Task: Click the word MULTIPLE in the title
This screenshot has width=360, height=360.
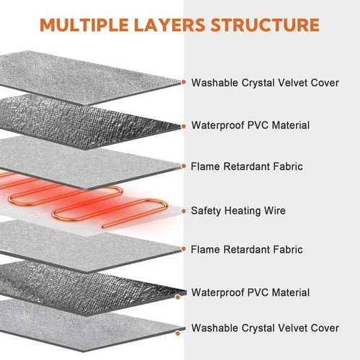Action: pyautogui.click(x=84, y=25)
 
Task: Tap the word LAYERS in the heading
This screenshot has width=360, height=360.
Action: pyautogui.click(x=169, y=25)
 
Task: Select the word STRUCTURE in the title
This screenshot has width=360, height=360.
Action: pyautogui.click(x=265, y=25)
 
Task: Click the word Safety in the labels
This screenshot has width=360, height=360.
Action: pyautogui.click(x=206, y=211)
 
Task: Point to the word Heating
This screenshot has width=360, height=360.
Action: pyautogui.click(x=243, y=211)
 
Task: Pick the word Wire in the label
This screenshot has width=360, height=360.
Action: pyautogui.click(x=275, y=210)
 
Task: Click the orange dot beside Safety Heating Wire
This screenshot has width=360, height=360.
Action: pyautogui.click(x=184, y=211)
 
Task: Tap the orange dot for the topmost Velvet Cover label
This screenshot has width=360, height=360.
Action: pyautogui.click(x=184, y=82)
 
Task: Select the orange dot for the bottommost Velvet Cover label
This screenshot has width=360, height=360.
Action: pyautogui.click(x=178, y=333)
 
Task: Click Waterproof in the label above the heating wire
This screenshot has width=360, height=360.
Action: pyautogui.click(x=217, y=125)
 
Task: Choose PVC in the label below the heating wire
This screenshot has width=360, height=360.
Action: pyautogui.click(x=258, y=292)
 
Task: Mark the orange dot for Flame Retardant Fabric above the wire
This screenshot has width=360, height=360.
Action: pyautogui.click(x=184, y=166)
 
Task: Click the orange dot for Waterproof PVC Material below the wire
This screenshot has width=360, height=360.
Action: pyautogui.click(x=178, y=297)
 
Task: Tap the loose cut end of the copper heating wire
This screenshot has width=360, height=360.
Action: pyautogui.click(x=103, y=226)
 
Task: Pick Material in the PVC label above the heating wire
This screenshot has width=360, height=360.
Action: pyautogui.click(x=291, y=125)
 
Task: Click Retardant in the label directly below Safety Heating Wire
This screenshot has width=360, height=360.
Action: pyautogui.click(x=246, y=249)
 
